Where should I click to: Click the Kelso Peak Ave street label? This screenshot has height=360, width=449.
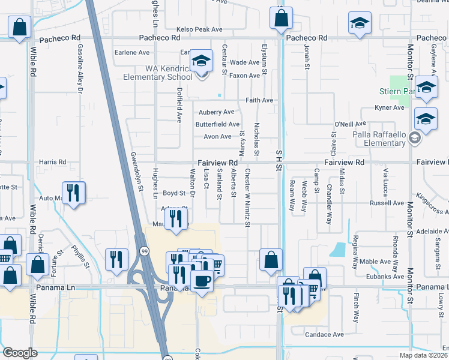[x=200, y=29]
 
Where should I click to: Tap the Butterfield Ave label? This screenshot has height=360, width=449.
[x=217, y=124]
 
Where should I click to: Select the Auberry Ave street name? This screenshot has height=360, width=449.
[x=217, y=112]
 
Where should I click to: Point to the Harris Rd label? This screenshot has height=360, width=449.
[x=53, y=162]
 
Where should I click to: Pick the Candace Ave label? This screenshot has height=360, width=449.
[x=324, y=334]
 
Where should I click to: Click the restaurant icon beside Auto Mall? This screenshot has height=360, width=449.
[x=74, y=193]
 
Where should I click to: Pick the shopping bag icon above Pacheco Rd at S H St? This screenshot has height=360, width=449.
[x=282, y=18]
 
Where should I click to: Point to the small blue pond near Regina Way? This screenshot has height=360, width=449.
[x=339, y=249]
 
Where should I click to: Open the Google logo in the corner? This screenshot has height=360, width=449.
[x=20, y=353]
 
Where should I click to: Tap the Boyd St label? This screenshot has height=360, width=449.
[x=174, y=193]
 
